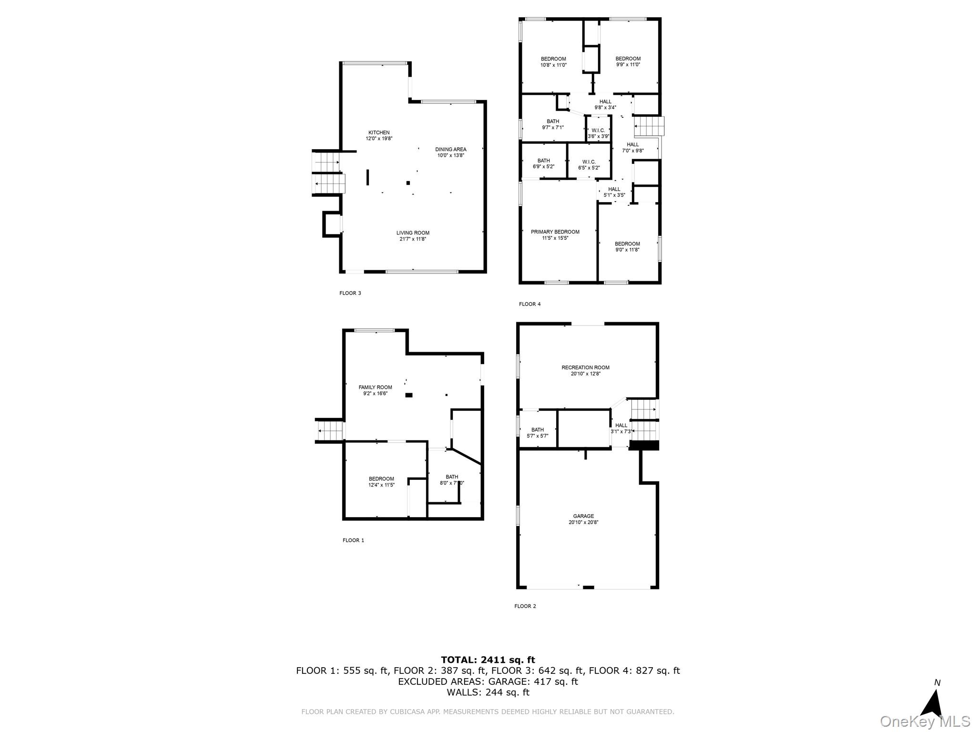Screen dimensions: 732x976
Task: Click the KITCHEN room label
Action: pos(379,132)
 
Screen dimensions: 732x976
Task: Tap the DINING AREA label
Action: pos(450,149)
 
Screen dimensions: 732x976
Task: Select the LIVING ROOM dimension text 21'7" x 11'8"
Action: pos(412,239)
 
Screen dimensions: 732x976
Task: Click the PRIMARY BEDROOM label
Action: pos(555,232)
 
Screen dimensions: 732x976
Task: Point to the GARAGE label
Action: pos(583,516)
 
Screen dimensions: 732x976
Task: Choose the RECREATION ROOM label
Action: pos(585,367)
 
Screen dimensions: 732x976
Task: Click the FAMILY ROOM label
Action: pos(375,387)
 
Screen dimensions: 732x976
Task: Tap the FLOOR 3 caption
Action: pos(350,293)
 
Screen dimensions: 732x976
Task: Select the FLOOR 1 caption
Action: pos(353,540)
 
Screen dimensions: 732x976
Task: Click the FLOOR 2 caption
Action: pos(525,606)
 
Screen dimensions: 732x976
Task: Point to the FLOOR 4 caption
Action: pos(530,304)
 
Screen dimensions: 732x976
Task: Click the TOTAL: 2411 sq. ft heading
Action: pos(488,660)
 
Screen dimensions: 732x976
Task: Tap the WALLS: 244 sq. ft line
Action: pos(488,692)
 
